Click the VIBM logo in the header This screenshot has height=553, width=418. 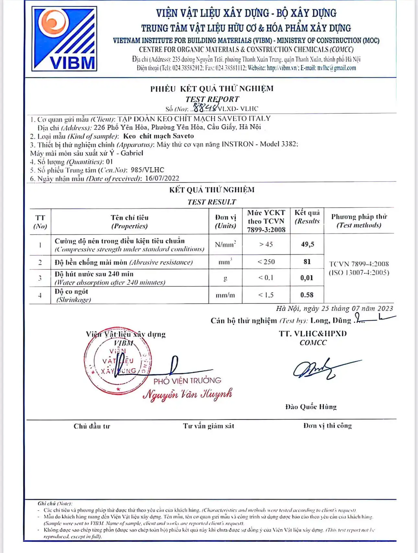point(64,39)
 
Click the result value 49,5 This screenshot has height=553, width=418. point(307,244)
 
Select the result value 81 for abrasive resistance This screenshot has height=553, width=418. point(307,262)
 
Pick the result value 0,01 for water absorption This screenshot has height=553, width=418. point(307,278)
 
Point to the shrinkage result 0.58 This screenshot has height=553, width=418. point(307,295)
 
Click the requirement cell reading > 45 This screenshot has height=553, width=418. point(266,244)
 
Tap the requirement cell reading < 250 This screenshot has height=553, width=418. point(266,262)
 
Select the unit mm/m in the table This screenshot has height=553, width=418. point(225,295)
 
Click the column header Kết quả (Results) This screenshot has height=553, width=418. point(307,217)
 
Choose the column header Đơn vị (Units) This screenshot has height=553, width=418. point(225,222)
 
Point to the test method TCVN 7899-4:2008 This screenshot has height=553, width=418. point(359,264)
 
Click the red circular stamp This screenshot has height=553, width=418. point(118,361)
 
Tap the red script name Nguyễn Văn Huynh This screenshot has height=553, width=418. point(187,394)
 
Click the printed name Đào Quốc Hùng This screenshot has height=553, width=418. point(311,407)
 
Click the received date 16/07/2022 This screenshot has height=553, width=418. point(162,178)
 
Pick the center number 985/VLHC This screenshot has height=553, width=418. point(147,170)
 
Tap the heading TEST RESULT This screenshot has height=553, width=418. point(212,202)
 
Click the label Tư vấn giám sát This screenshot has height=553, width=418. point(208,426)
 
